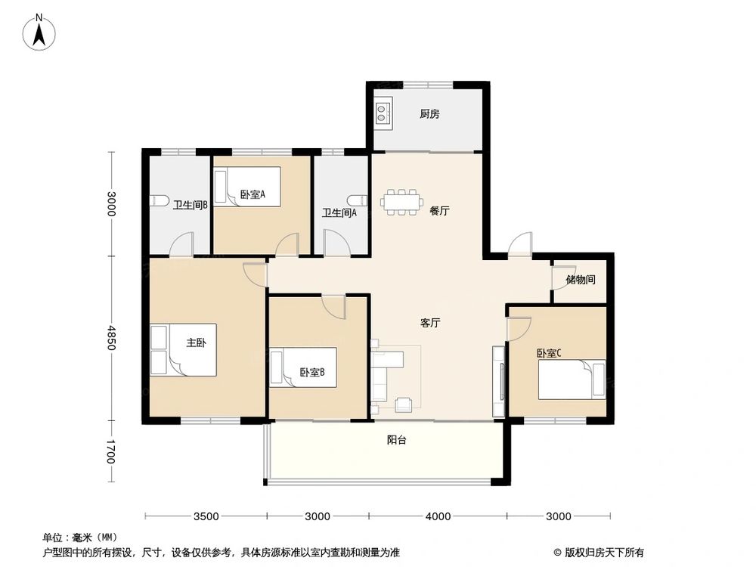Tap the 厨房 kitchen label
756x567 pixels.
pyautogui.click(x=430, y=115)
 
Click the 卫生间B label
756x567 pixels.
pyautogui.click(x=190, y=205)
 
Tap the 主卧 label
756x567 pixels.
pyautogui.click(x=197, y=342)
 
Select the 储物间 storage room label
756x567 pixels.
pyautogui.click(x=581, y=280)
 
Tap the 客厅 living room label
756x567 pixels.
pyautogui.click(x=430, y=323)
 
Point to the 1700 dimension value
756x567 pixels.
pyautogui.click(x=111, y=452)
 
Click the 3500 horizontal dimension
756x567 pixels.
pyautogui.click(x=206, y=516)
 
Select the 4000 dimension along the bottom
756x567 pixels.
pyautogui.click(x=438, y=516)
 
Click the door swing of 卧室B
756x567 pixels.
pyautogui.click(x=333, y=306)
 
